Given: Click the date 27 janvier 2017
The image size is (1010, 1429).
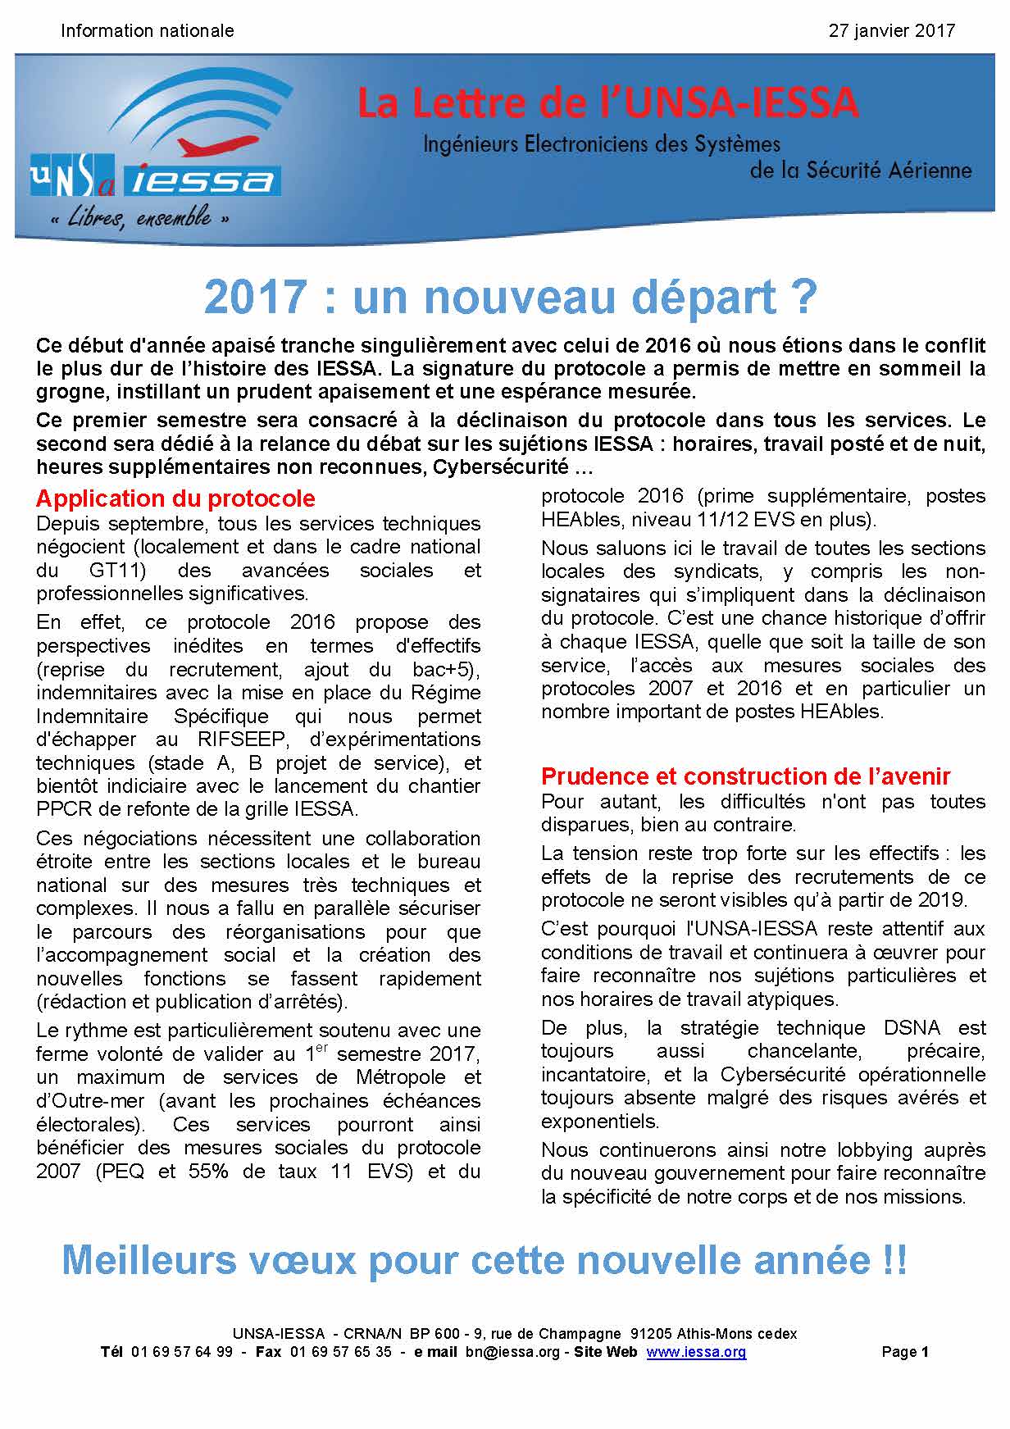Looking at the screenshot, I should coord(892,31).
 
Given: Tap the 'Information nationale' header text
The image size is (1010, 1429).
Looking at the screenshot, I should coord(148,31).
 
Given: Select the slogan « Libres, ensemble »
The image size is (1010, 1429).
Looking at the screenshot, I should coord(139,219).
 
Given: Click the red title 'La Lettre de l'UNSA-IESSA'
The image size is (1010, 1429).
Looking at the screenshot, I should coord(607,103).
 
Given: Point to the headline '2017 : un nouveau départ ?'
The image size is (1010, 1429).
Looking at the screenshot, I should coord(510,297).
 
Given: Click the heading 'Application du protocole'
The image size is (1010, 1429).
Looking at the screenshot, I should coord(175,498).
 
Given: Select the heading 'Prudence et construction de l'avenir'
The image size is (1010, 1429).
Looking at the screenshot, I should coord(746,776).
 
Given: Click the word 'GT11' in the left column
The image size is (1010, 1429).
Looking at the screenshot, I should coord(114,571).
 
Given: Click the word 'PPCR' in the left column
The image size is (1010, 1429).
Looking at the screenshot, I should coord(60,809).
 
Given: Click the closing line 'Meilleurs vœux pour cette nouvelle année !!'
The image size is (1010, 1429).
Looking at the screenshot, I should coord(485,1259).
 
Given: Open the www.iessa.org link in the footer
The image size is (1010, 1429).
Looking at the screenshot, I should coord(696,1352).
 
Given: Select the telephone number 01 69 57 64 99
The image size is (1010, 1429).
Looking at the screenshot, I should coord(181,1352).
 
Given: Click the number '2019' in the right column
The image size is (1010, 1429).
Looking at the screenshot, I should coord(940,899).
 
